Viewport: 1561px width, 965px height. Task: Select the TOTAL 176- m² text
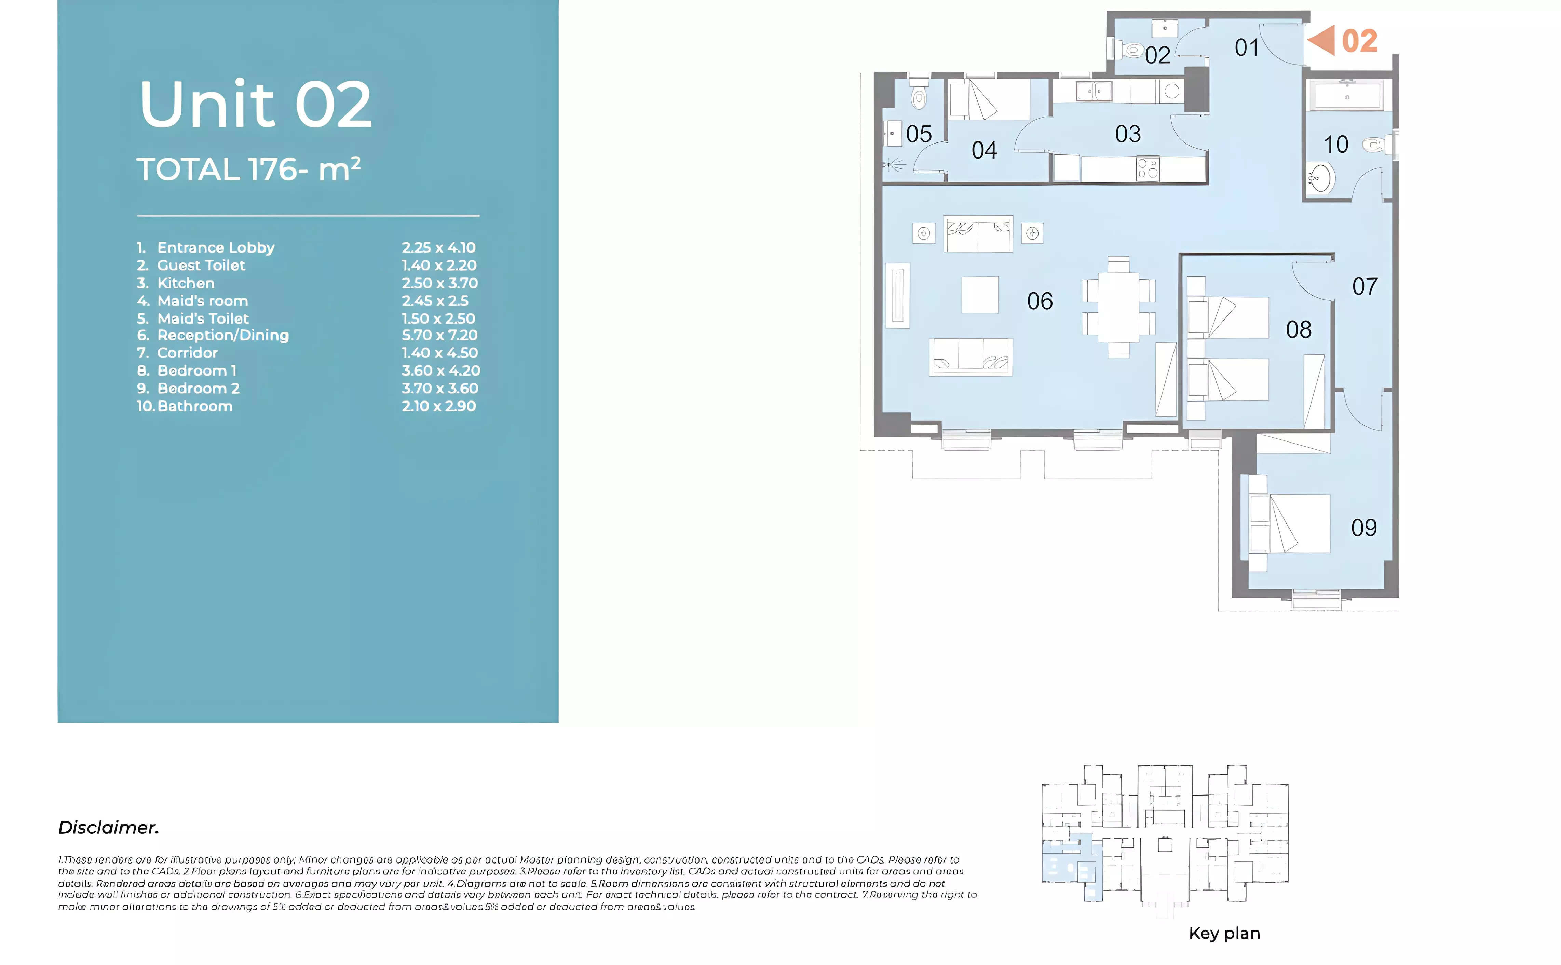click(249, 170)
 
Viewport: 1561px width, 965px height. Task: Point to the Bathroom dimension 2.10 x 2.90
click(438, 406)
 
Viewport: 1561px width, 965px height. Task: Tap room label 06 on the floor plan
click(1040, 301)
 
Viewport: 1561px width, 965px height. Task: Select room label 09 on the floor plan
click(1364, 528)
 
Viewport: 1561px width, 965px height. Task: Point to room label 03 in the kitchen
click(1128, 134)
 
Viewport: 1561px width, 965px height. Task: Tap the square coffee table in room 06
click(980, 295)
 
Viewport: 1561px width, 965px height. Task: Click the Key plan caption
click(1224, 933)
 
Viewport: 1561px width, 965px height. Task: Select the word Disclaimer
click(108, 828)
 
